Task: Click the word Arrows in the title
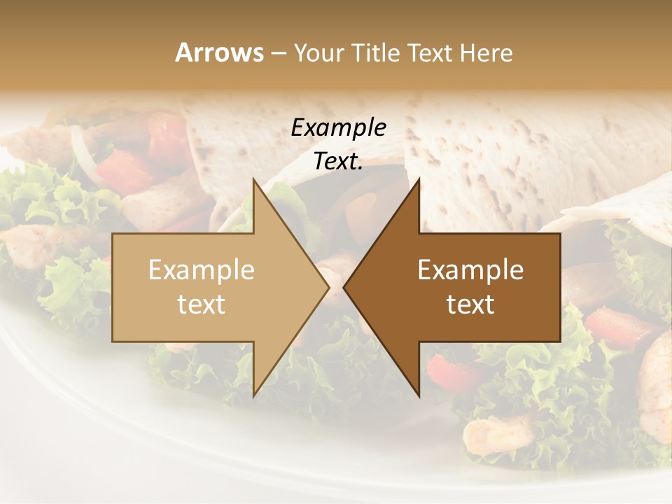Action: point(219,52)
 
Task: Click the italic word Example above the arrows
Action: point(338,127)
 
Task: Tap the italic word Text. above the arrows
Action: point(338,162)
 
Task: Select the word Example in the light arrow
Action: point(202,270)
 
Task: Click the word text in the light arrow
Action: point(202,304)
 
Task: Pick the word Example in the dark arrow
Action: point(470,270)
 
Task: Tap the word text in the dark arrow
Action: point(470,304)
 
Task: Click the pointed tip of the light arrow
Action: point(329,287)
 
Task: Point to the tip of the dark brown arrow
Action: point(344,287)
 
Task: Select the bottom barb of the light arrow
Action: point(254,395)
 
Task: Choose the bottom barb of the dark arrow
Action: point(419,395)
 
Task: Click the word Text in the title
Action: point(432,52)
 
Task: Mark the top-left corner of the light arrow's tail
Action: point(113,234)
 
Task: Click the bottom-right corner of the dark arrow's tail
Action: point(559,341)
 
